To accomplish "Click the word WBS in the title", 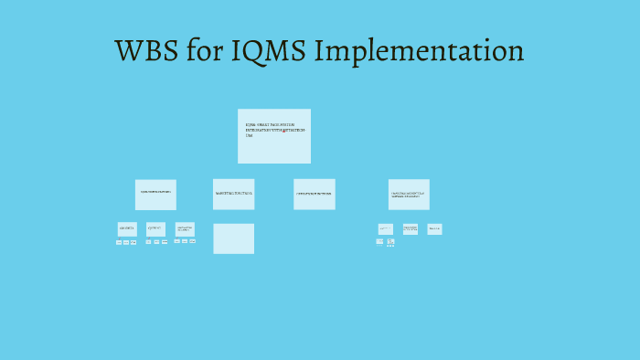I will [x=145, y=51].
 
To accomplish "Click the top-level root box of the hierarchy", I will [x=273, y=136].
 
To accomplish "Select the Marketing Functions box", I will [x=233, y=194].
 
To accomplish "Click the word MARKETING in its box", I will [x=225, y=194].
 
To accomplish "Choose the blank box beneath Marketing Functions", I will [x=233, y=238].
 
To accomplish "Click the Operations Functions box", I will [x=314, y=194].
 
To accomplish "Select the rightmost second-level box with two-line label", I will [x=409, y=194].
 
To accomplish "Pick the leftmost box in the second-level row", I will [x=155, y=194].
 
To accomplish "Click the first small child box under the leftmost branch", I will [x=127, y=228].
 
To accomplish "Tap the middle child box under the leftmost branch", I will [x=155, y=228].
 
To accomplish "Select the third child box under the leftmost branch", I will [x=185, y=228].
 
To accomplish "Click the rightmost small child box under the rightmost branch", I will [x=434, y=228].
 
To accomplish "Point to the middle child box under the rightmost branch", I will [x=411, y=228].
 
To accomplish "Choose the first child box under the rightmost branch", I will [x=386, y=228].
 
